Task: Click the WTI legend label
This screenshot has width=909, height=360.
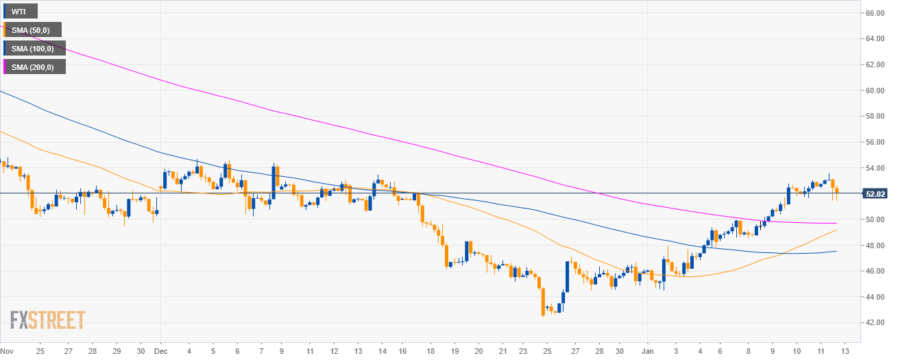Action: (21, 11)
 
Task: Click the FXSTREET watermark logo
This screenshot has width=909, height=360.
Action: (47, 320)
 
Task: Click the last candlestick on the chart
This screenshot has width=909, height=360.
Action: (836, 193)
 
